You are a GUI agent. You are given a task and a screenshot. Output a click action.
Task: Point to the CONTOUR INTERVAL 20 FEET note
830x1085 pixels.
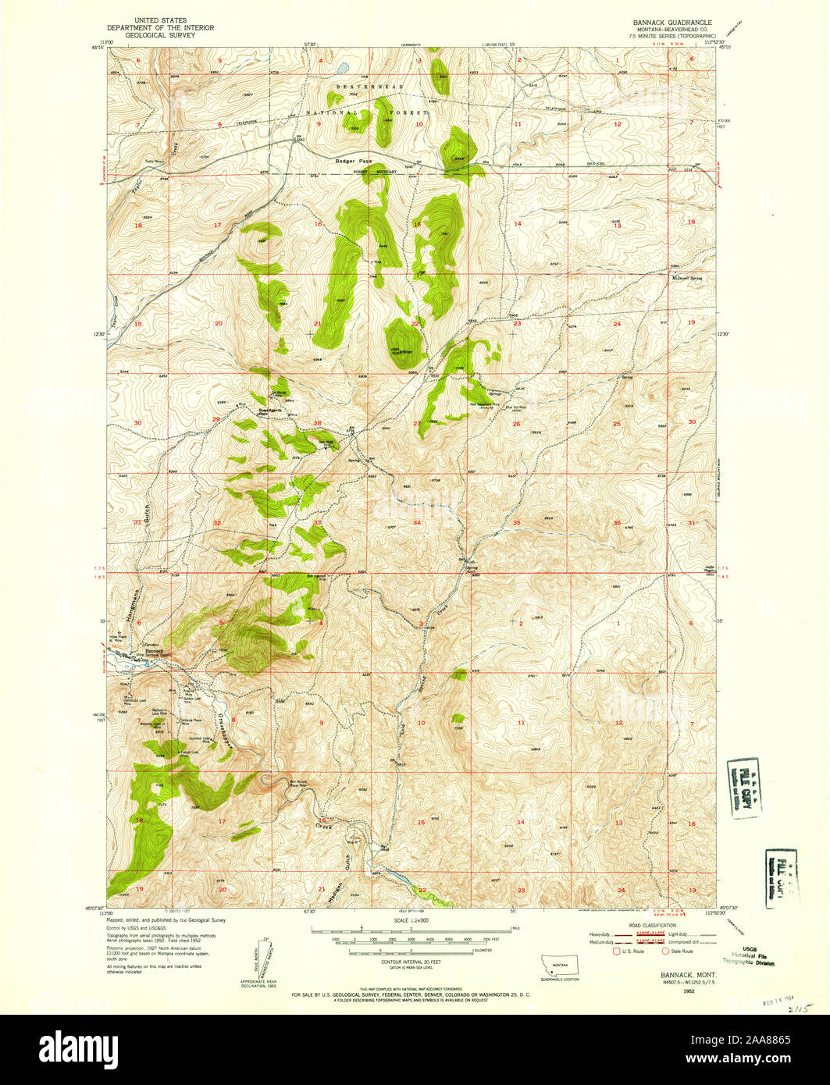click(x=415, y=961)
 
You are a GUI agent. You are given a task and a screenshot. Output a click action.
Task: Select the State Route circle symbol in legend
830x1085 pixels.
click(x=665, y=951)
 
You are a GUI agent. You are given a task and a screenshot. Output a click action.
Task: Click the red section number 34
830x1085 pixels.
click(x=417, y=522)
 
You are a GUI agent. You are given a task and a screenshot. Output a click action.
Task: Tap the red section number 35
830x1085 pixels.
click(x=517, y=522)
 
